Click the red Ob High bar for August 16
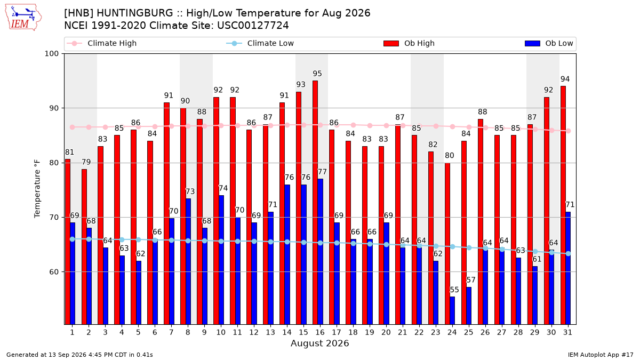pos(315,202)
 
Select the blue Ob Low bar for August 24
pos(452,310)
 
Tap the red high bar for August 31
pos(563,205)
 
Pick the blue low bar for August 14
pos(287,254)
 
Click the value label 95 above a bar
pos(317,74)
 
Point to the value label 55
pos(454,290)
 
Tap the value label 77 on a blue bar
pos(322,172)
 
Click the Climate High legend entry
pos(102,43)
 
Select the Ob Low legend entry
pos(549,43)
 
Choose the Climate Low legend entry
pos(260,43)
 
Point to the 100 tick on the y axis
pos(51,54)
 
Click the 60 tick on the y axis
pos(54,271)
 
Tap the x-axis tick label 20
pos(386,332)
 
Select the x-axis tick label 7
pos(171,332)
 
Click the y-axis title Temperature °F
pos(37,189)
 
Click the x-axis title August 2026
pos(319,343)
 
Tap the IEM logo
pos(23,18)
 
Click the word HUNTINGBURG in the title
pos(135,13)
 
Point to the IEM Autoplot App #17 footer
pos(601,355)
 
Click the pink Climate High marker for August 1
pos(73,127)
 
